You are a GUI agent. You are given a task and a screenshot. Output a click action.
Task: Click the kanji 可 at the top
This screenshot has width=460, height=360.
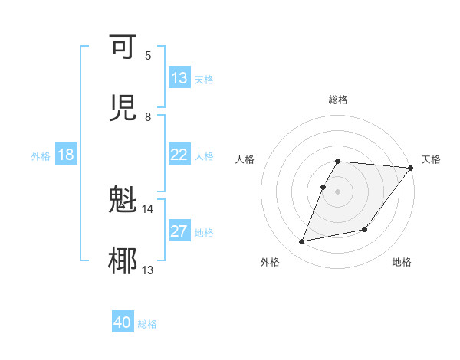click(x=123, y=47)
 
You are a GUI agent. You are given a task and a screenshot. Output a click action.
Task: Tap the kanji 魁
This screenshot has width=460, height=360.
click(x=123, y=201)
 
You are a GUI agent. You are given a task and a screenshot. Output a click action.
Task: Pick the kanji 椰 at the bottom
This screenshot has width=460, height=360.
click(x=123, y=261)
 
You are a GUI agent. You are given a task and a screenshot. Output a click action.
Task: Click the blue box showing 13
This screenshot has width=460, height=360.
click(x=179, y=78)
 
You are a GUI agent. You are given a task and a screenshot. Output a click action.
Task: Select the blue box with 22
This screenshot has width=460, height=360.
click(x=179, y=155)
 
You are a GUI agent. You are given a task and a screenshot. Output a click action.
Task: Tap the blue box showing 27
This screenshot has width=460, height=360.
click(x=179, y=231)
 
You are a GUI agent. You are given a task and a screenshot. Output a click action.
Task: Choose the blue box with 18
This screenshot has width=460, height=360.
click(x=66, y=155)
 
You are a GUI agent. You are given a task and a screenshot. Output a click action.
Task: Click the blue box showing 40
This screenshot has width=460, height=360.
click(x=123, y=322)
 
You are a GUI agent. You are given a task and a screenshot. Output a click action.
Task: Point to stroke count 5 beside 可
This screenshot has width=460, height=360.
click(x=148, y=56)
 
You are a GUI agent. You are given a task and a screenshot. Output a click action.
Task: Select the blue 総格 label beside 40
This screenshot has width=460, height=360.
click(x=148, y=324)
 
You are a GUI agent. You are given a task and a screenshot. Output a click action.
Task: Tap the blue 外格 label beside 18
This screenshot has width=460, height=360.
click(x=41, y=156)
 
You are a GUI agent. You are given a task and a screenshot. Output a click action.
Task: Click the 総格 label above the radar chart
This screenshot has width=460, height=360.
click(x=338, y=100)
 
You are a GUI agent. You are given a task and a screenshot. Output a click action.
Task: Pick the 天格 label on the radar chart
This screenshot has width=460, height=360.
click(x=431, y=159)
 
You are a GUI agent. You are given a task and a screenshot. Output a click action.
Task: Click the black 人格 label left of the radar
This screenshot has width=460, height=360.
click(x=245, y=159)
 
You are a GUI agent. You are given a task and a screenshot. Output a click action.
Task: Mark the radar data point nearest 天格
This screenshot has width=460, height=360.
click(x=410, y=168)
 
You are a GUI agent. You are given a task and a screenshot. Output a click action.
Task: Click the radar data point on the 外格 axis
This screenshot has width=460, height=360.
click(x=302, y=241)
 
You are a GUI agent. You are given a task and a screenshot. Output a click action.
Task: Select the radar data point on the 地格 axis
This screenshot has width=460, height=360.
click(x=365, y=229)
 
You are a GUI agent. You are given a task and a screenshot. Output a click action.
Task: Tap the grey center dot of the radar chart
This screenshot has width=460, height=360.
click(x=338, y=191)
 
